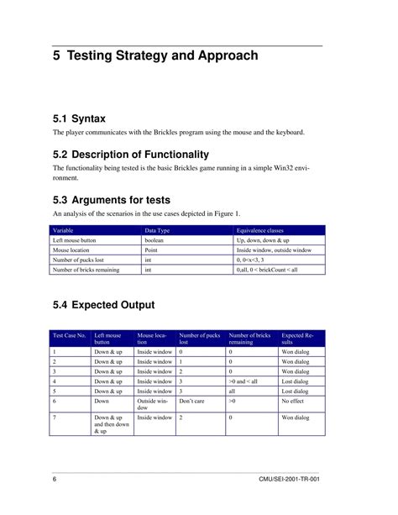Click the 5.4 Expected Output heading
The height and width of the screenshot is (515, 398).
[103, 304]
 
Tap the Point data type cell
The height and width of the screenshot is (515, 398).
[152, 250]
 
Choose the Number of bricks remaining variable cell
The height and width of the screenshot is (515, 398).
[86, 270]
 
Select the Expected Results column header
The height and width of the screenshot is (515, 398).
[299, 339]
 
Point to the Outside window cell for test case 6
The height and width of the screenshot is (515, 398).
[153, 405]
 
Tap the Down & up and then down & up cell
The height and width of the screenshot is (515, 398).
[111, 423]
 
